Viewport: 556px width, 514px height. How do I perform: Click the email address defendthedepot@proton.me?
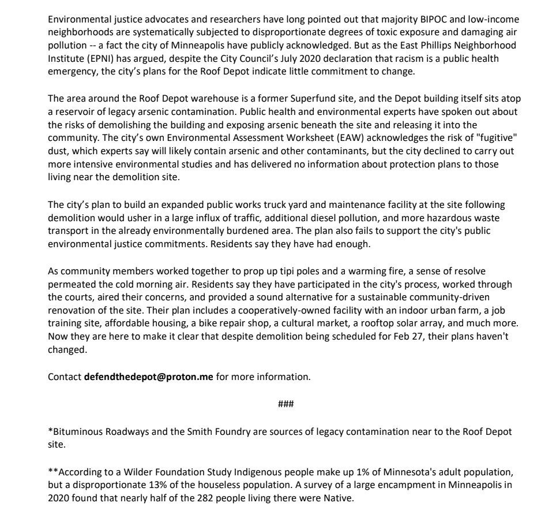pyautogui.click(x=149, y=377)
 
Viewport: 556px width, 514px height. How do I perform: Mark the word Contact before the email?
pyautogui.click(x=65, y=377)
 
